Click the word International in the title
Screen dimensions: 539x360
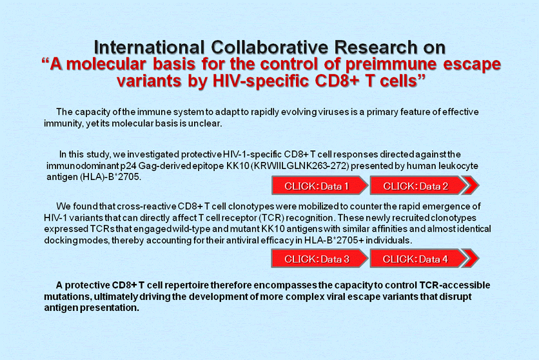pyautogui.click(x=149, y=47)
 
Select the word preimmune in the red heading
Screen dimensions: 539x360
pyautogui.click(x=391, y=65)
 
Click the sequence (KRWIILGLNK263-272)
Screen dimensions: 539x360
pyautogui.click(x=300, y=166)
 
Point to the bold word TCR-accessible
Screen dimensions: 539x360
pyautogui.click(x=455, y=285)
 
